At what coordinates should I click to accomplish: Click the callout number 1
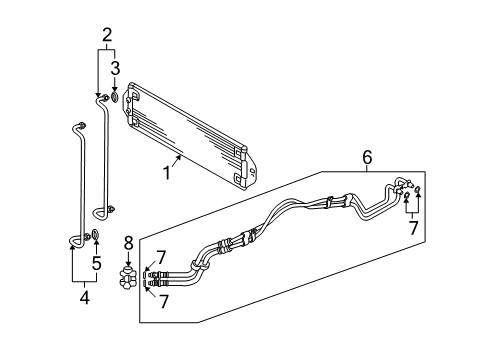tap(167, 173)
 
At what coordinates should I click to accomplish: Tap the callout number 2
tap(107, 35)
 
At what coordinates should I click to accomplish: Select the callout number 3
tap(115, 68)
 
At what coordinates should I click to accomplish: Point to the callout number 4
tap(85, 298)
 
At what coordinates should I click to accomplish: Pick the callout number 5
tap(96, 263)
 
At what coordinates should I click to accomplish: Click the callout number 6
tap(367, 157)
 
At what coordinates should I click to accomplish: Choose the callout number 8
tap(128, 243)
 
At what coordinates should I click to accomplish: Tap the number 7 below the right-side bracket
tap(413, 228)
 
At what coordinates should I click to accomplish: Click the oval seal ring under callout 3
tap(115, 97)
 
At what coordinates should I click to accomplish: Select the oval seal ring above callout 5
tap(95, 234)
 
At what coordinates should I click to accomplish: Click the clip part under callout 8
tap(128, 277)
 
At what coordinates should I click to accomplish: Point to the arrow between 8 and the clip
tap(128, 259)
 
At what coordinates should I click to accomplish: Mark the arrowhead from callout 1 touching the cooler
tap(180, 156)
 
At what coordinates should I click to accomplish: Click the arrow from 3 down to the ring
tap(115, 84)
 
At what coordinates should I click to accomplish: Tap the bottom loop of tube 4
tap(76, 241)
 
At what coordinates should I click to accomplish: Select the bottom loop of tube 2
tap(100, 214)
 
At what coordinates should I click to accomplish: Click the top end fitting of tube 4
tap(81, 125)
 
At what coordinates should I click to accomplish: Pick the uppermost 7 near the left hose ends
tap(161, 258)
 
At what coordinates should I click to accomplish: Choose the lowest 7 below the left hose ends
tap(163, 302)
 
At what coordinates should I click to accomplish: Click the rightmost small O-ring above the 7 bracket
tap(418, 190)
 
